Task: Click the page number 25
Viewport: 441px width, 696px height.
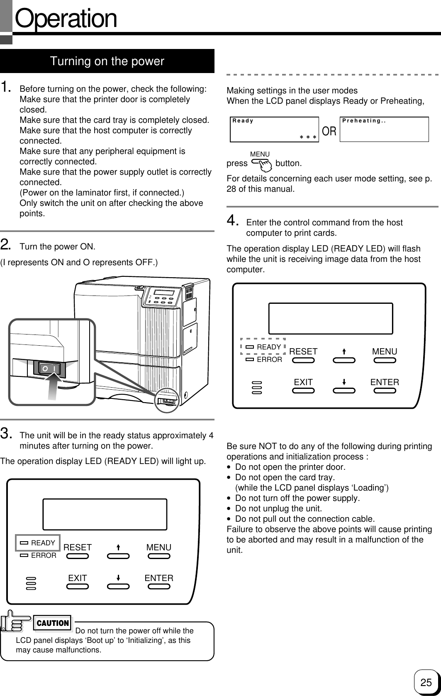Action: tap(426, 682)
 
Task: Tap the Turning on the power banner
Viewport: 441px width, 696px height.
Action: tap(107, 61)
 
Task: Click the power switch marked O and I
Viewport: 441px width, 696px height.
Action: tap(49, 368)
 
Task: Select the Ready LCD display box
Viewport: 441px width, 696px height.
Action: tap(275, 129)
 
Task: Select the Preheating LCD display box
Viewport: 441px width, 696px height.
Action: tap(384, 129)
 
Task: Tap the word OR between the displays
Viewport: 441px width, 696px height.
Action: tap(329, 132)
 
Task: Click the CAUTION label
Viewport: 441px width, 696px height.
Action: tap(53, 623)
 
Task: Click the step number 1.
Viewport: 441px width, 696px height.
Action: tap(6, 88)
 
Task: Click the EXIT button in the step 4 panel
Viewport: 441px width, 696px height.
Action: tap(303, 391)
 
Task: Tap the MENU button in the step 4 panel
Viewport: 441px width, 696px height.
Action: tap(385, 360)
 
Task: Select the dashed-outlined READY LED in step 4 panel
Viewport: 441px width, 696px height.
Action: tap(263, 347)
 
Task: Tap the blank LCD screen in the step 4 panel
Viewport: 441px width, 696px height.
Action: tap(331, 318)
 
